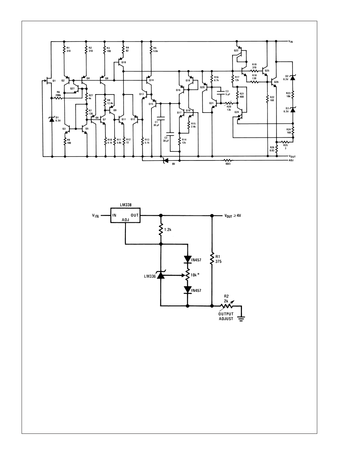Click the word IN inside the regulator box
[x=115, y=215]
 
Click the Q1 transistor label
[x=54, y=80]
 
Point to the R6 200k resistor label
[x=58, y=94]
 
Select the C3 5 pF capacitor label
[x=227, y=93]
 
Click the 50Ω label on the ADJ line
[x=227, y=164]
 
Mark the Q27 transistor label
[x=72, y=89]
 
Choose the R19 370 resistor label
[x=254, y=65]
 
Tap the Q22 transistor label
[x=236, y=51]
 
